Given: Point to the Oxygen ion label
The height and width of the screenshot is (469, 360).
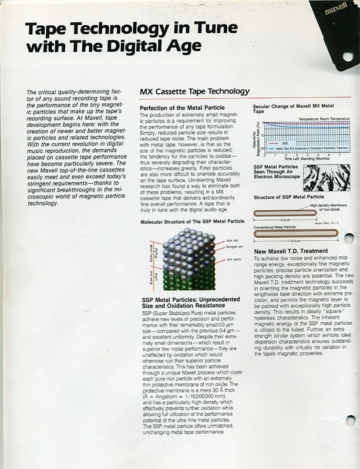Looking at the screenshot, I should click(235, 247).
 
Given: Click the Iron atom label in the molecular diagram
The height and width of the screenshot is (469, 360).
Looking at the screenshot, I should click(234, 259).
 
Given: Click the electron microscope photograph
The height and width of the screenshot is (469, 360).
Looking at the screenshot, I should click(326, 177).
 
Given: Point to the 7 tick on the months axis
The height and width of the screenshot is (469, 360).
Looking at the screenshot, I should click(339, 154).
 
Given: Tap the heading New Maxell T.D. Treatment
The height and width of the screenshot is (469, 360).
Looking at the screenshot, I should click(290, 251).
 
